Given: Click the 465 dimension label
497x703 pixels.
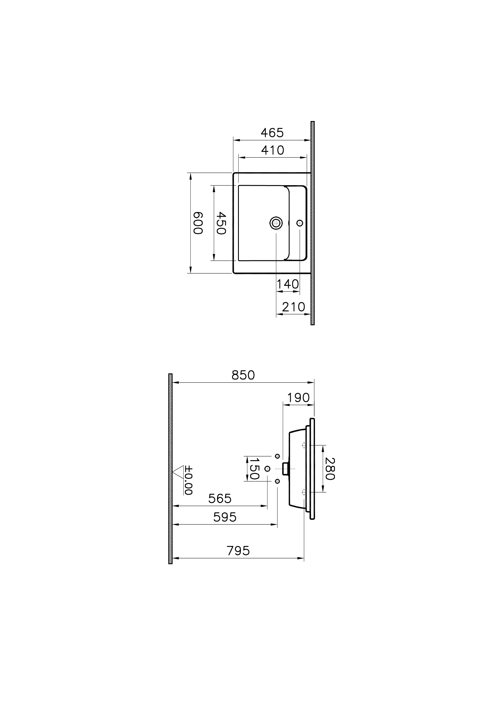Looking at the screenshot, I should pyautogui.click(x=272, y=133).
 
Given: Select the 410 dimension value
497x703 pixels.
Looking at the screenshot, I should pyautogui.click(x=272, y=150).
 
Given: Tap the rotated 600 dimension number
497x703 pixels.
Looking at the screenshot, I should pyautogui.click(x=198, y=223).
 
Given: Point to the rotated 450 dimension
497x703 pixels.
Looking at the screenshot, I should pyautogui.click(x=221, y=223).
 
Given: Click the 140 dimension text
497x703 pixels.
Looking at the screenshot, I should pyautogui.click(x=288, y=284).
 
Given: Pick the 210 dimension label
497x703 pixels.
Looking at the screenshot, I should pyautogui.click(x=294, y=307).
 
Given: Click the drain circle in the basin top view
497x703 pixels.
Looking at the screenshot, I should pyautogui.click(x=276, y=223).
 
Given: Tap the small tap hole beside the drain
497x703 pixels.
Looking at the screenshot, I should pyautogui.click(x=300, y=223).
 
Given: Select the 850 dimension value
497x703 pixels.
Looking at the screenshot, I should pyautogui.click(x=243, y=375).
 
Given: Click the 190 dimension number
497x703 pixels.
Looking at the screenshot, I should pyautogui.click(x=298, y=398).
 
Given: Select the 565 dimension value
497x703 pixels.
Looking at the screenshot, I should pyautogui.click(x=220, y=499).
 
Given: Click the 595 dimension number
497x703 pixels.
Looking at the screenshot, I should pyautogui.click(x=225, y=517).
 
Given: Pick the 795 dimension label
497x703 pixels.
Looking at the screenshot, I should pyautogui.click(x=238, y=551).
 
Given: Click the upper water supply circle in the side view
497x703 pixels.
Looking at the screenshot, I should pyautogui.click(x=277, y=456).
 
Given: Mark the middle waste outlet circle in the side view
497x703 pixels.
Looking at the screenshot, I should pyautogui.click(x=267, y=469).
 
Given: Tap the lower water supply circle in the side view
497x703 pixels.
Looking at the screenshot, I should pyautogui.click(x=277, y=481).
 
